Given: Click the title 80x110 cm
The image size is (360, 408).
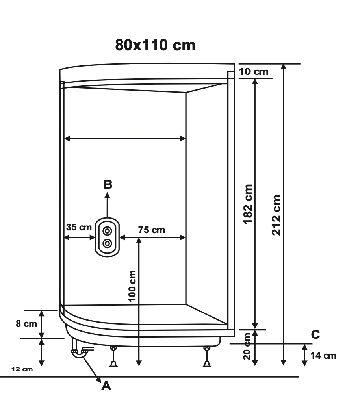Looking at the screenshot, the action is (155, 45).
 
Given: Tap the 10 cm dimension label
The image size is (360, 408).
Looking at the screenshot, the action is (254, 72).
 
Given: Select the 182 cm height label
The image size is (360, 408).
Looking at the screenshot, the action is (248, 204).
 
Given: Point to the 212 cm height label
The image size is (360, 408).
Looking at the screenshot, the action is (276, 215).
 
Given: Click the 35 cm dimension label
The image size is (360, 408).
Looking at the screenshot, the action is (79, 227).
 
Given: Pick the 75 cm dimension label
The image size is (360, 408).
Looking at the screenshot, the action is (152, 230).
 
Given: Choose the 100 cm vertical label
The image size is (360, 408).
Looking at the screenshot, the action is (132, 286).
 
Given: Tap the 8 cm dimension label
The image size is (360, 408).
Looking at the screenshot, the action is (26, 324).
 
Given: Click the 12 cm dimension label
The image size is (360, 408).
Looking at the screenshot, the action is (22, 369).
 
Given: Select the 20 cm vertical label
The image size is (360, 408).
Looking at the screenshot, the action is (247, 346).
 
